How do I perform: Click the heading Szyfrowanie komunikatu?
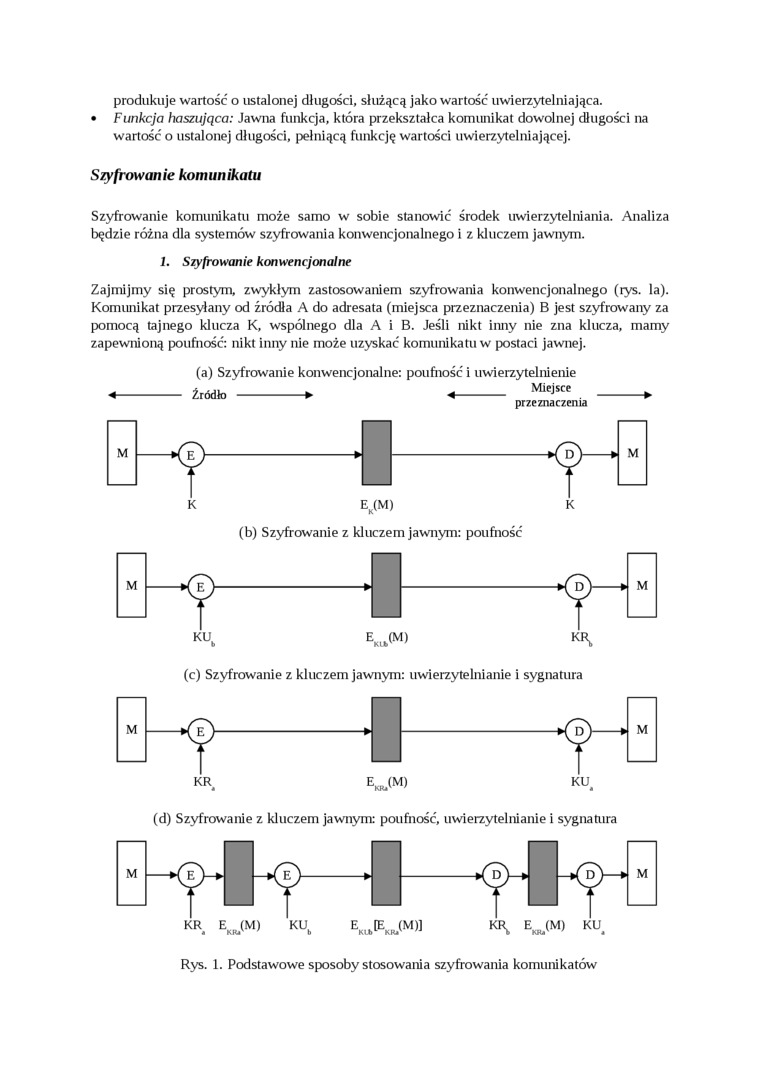(x=175, y=175)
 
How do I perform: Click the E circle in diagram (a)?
(x=190, y=455)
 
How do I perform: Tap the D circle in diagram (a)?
(x=569, y=455)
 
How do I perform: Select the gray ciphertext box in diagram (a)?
(x=377, y=453)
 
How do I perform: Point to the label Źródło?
(x=210, y=395)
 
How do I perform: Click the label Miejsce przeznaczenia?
(x=550, y=395)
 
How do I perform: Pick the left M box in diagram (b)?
(x=131, y=585)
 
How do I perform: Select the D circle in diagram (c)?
(x=579, y=731)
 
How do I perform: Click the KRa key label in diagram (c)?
(x=204, y=781)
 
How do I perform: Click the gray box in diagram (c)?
(x=386, y=730)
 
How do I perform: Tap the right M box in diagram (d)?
(x=642, y=873)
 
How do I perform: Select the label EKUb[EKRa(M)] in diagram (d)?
(x=386, y=926)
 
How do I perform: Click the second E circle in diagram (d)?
(x=287, y=875)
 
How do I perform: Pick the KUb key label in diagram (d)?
(x=299, y=926)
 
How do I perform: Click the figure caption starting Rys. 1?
(x=388, y=965)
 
